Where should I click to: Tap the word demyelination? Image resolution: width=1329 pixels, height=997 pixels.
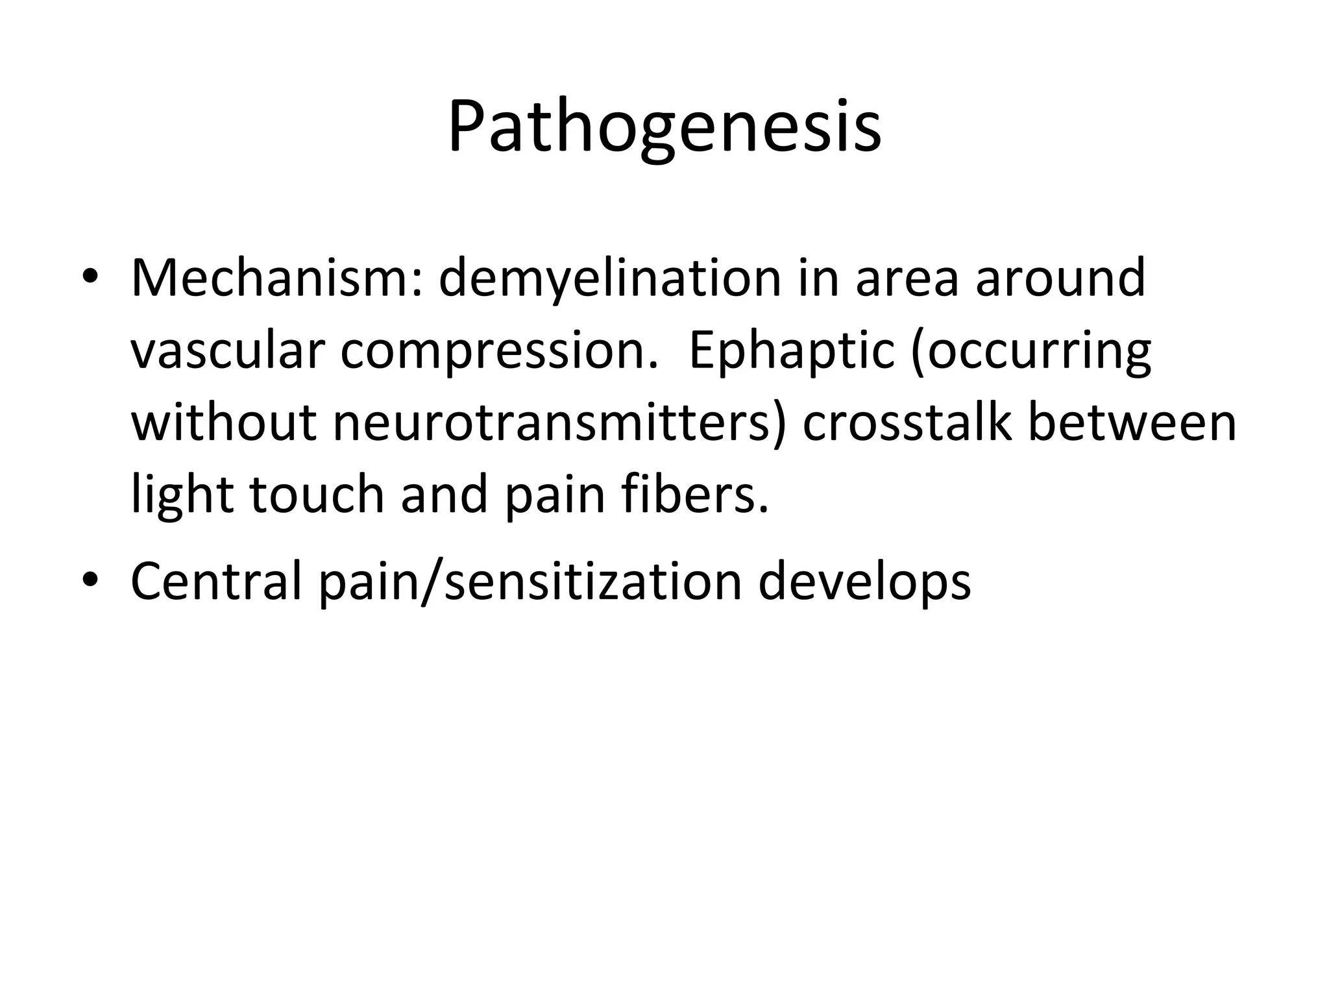point(609,278)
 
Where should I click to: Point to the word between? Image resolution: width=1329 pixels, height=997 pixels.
point(1132,423)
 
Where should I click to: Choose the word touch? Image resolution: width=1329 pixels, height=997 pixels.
point(317,495)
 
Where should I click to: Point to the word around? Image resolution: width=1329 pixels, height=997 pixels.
point(1060,278)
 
